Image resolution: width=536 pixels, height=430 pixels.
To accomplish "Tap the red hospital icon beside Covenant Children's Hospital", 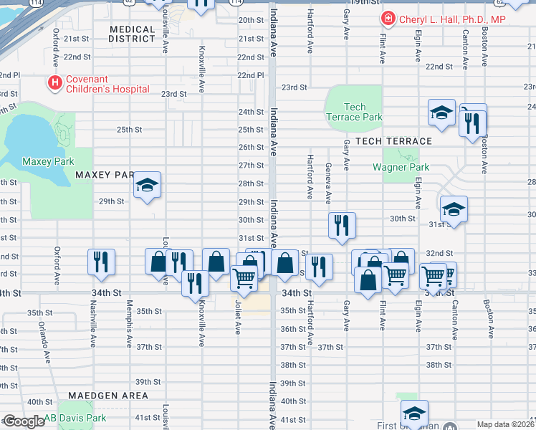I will point(54,84).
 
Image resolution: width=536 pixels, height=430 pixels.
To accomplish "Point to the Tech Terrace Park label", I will point(354,112).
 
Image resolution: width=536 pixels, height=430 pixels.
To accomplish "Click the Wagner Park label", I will point(401,168).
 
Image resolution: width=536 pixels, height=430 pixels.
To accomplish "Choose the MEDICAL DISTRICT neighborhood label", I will point(132,34).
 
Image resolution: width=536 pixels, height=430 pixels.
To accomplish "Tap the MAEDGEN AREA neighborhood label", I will point(108,396).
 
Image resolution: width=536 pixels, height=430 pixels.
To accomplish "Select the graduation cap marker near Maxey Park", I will point(147,186).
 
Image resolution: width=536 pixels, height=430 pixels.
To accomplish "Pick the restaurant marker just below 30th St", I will point(342,225).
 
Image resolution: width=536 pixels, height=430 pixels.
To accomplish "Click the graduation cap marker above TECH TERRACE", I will point(441,113).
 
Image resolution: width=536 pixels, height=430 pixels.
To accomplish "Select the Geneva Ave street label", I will point(328,183).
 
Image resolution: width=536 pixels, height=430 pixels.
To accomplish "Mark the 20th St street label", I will point(251,20).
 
